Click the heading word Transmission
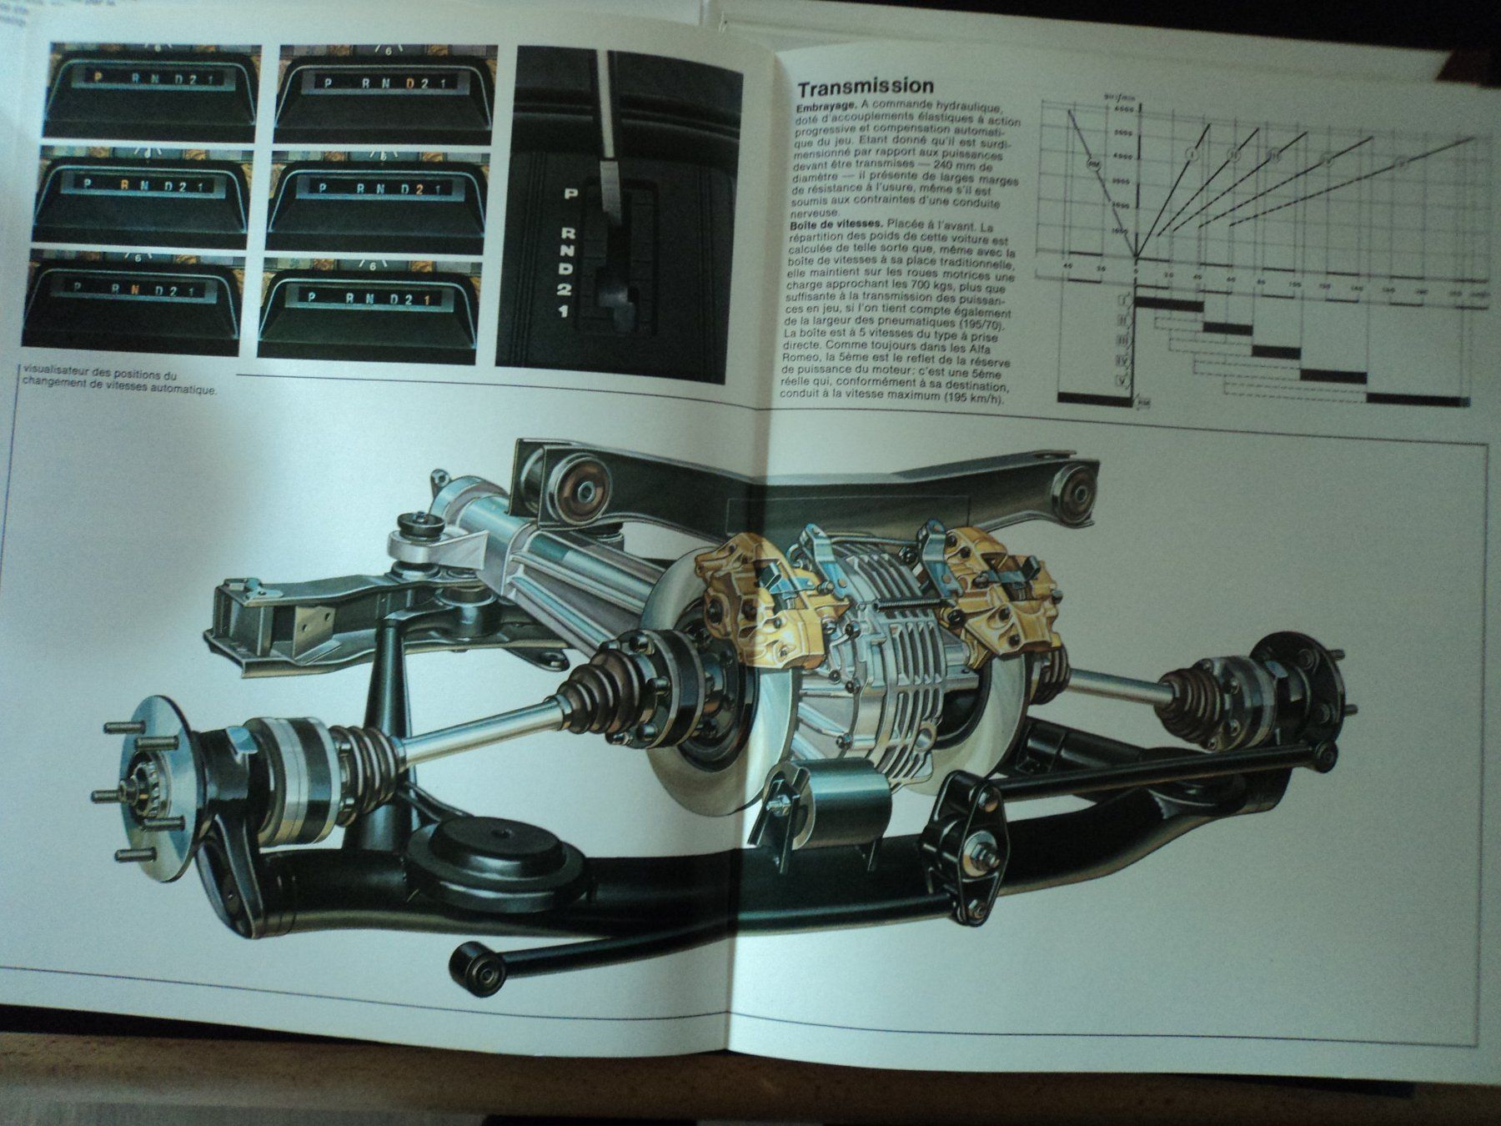pos(865,87)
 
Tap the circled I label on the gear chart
pos(1193,154)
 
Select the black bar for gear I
pos(1168,305)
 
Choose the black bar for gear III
pos(1276,352)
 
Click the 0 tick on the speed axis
pos(1136,273)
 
